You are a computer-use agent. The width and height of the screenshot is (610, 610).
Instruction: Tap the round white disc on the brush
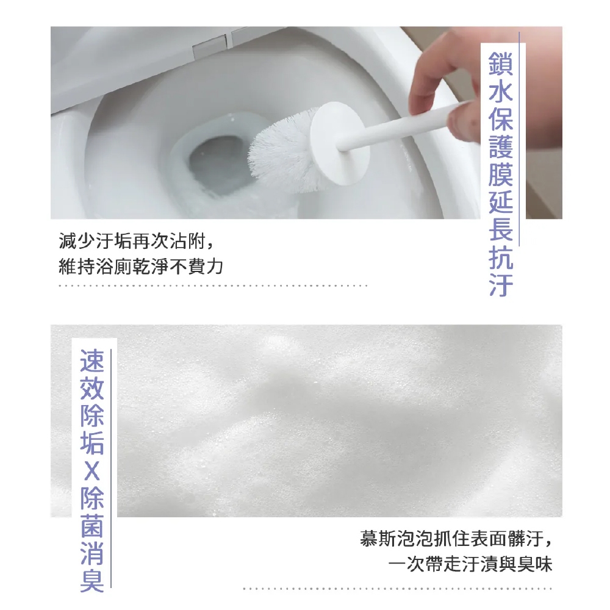tap(340, 143)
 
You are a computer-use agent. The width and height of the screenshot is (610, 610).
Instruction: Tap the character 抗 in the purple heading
tap(501, 257)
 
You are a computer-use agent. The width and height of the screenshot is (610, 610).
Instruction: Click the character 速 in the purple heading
tap(92, 361)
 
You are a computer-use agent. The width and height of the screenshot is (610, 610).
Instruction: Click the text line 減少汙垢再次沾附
tap(132, 241)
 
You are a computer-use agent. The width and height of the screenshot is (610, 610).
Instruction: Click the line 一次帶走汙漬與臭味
tap(470, 564)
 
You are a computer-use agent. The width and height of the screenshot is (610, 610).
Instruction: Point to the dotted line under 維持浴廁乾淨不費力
tap(213, 285)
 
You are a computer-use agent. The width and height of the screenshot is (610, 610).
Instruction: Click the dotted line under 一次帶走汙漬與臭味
tap(398, 589)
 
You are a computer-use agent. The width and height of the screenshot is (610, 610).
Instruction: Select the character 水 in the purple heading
tap(501, 91)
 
